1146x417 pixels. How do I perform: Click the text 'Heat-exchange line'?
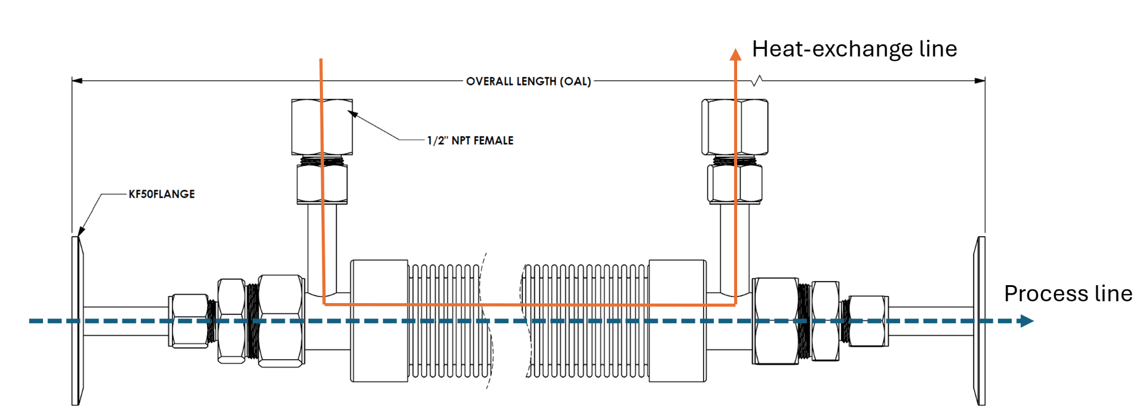tap(854, 49)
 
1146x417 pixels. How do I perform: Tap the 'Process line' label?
tap(1068, 294)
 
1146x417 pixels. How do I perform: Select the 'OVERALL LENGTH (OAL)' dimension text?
tap(528, 81)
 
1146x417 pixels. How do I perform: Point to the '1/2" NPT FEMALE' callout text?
tap(470, 141)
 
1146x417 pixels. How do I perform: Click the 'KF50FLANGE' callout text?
tap(162, 194)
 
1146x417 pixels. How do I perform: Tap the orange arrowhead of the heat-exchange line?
tap(735, 55)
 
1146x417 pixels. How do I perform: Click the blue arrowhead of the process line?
tap(1027, 321)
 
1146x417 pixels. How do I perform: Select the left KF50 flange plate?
tap(76, 320)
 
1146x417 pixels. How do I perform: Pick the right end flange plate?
tap(979, 320)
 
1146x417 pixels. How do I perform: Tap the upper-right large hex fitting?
tap(734, 127)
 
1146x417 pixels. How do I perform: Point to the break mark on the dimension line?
tap(757, 81)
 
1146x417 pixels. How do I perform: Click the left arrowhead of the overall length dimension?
tap(76, 81)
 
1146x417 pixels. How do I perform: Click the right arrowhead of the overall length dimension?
tap(980, 81)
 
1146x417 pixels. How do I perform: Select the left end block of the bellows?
tap(379, 320)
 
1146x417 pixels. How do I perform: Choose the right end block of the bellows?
tap(677, 320)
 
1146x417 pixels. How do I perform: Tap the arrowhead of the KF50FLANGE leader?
tap(81, 232)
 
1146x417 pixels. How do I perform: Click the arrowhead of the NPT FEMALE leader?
tap(352, 114)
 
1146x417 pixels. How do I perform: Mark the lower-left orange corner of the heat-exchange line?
tap(324, 304)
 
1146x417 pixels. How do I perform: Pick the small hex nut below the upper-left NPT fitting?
tap(322, 184)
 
